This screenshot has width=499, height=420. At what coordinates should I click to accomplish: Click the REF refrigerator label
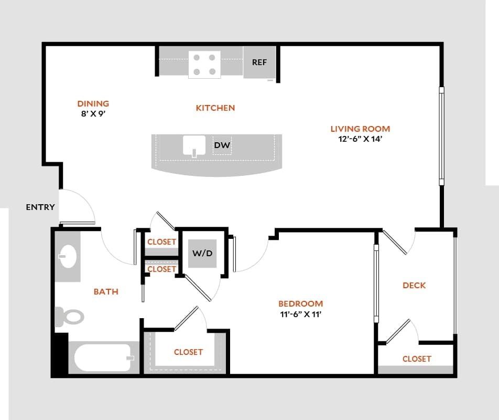pyautogui.click(x=259, y=62)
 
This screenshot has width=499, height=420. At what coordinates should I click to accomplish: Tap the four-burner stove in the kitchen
pyautogui.click(x=204, y=65)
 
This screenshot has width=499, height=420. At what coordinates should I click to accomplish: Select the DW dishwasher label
pyautogui.click(x=222, y=145)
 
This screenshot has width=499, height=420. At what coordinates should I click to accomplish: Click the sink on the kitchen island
pyautogui.click(x=194, y=145)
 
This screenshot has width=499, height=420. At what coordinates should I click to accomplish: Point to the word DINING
pyautogui.click(x=93, y=103)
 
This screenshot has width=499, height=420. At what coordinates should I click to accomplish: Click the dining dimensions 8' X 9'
pyautogui.click(x=93, y=113)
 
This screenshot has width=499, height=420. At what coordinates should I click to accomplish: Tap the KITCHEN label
pyautogui.click(x=215, y=108)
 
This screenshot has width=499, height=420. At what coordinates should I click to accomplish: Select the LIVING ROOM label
pyautogui.click(x=360, y=129)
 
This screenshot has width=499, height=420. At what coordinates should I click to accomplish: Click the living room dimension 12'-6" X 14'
pyautogui.click(x=360, y=140)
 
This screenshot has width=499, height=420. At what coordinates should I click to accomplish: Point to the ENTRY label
pyautogui.click(x=40, y=207)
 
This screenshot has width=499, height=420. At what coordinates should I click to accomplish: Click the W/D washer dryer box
pyautogui.click(x=202, y=254)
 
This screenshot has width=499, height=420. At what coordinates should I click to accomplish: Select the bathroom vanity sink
pyautogui.click(x=67, y=257)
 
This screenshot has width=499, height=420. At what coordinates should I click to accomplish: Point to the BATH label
pyautogui.click(x=106, y=292)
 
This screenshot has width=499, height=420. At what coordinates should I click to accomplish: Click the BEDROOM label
pyautogui.click(x=300, y=303)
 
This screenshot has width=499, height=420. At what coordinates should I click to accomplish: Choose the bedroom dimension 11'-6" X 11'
pyautogui.click(x=300, y=314)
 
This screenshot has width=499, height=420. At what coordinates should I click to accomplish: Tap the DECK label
pyautogui.click(x=414, y=286)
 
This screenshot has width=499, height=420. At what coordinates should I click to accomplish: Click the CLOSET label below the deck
pyautogui.click(x=417, y=359)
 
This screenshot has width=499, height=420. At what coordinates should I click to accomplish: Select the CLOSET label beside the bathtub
pyautogui.click(x=188, y=352)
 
